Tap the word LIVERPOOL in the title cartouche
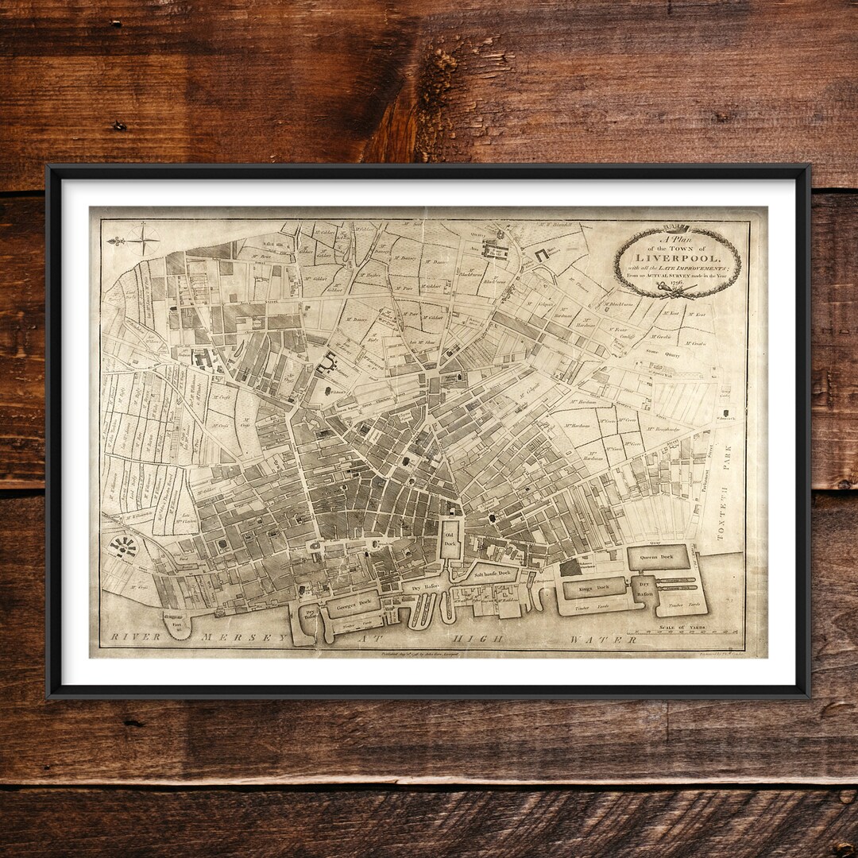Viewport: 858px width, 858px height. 677,258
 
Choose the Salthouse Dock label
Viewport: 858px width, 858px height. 492,573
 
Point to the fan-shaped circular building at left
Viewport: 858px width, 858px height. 123,546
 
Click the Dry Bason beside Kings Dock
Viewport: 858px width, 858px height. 644,589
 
